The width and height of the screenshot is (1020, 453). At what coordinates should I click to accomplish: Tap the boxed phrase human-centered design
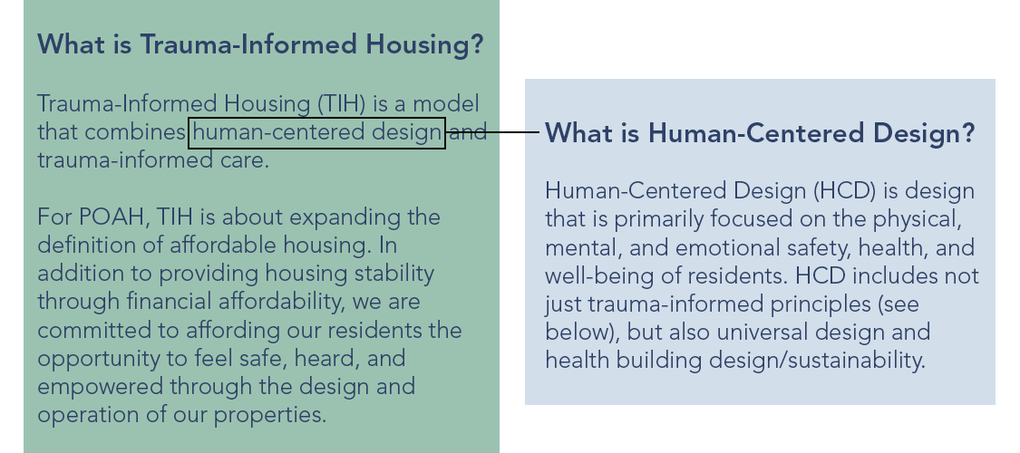316,132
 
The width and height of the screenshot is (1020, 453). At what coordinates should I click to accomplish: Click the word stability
388,273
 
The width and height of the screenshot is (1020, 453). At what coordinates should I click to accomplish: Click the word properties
278,415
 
